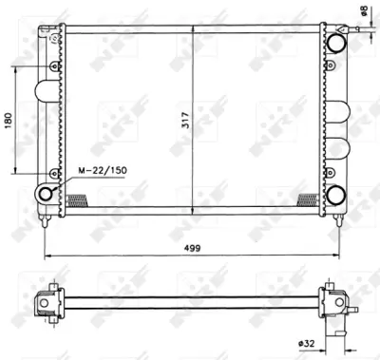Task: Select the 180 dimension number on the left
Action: [9, 121]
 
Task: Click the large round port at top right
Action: [335, 43]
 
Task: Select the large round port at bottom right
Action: [335, 195]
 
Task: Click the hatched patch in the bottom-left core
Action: [77, 199]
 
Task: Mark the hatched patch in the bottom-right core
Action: [308, 199]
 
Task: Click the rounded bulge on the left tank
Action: [44, 91]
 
